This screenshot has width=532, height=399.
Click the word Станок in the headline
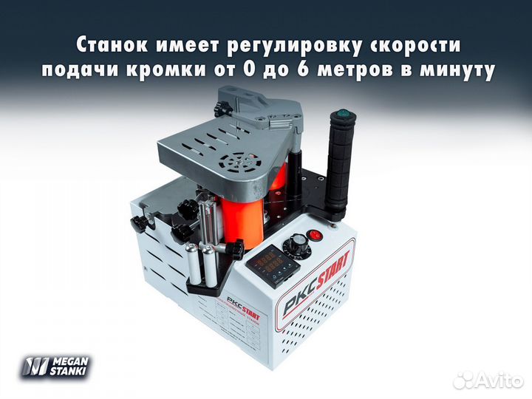click(111, 45)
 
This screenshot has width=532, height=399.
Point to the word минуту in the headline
click(457, 72)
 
